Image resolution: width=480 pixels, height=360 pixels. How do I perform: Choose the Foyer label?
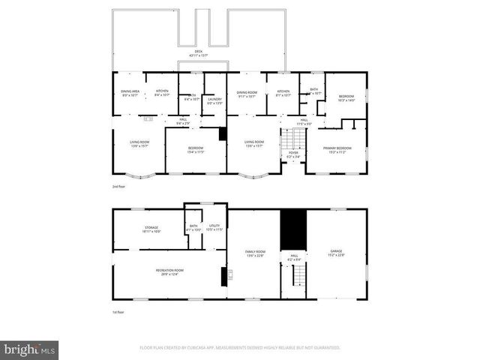tap(293, 153)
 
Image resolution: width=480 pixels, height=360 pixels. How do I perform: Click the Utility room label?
tap(214, 226)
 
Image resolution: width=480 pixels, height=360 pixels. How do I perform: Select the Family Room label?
tap(256, 251)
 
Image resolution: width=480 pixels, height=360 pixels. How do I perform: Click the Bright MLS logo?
tap(29, 349)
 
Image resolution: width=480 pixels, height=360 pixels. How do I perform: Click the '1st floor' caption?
tap(116, 311)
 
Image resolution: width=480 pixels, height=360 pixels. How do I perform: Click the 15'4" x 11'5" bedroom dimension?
tap(195, 151)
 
